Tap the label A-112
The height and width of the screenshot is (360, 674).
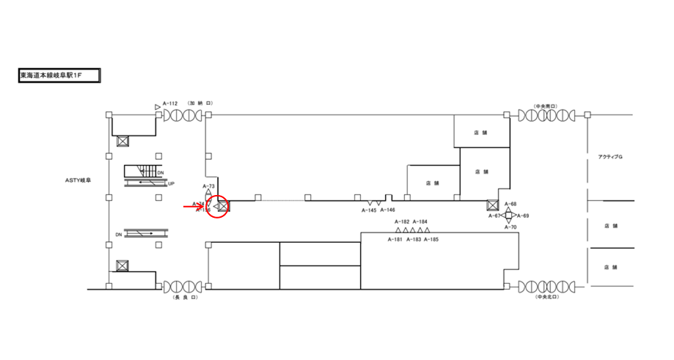(170, 104)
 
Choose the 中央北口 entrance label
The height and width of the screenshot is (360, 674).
(546, 298)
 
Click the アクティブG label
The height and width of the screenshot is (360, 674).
(610, 158)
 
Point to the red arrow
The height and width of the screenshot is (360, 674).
(193, 207)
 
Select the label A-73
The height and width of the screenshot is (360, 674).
(208, 186)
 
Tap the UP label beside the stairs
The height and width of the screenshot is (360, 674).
(171, 183)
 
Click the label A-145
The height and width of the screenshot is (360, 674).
(369, 210)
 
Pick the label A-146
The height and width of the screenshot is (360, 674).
(388, 210)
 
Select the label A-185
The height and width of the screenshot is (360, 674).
(431, 239)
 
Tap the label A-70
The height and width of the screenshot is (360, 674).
(510, 227)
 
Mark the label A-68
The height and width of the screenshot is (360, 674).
(510, 204)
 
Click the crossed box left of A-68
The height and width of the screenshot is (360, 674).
(493, 205)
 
